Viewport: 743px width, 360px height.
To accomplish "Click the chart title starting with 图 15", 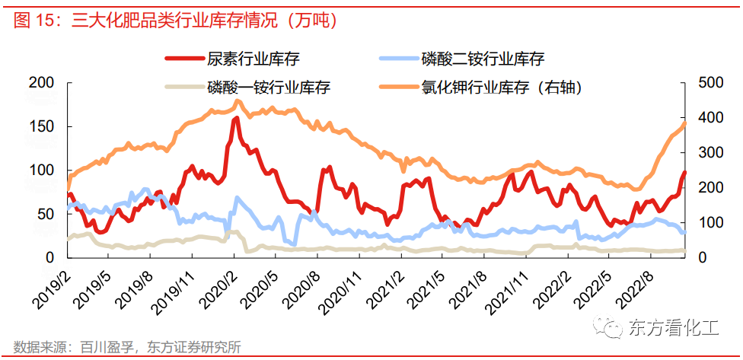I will click(175, 21).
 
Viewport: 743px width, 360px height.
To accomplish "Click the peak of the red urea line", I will click(236, 119).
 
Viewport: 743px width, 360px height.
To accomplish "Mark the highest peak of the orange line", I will click(238, 100).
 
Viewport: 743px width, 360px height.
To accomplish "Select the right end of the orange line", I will click(684, 123).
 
